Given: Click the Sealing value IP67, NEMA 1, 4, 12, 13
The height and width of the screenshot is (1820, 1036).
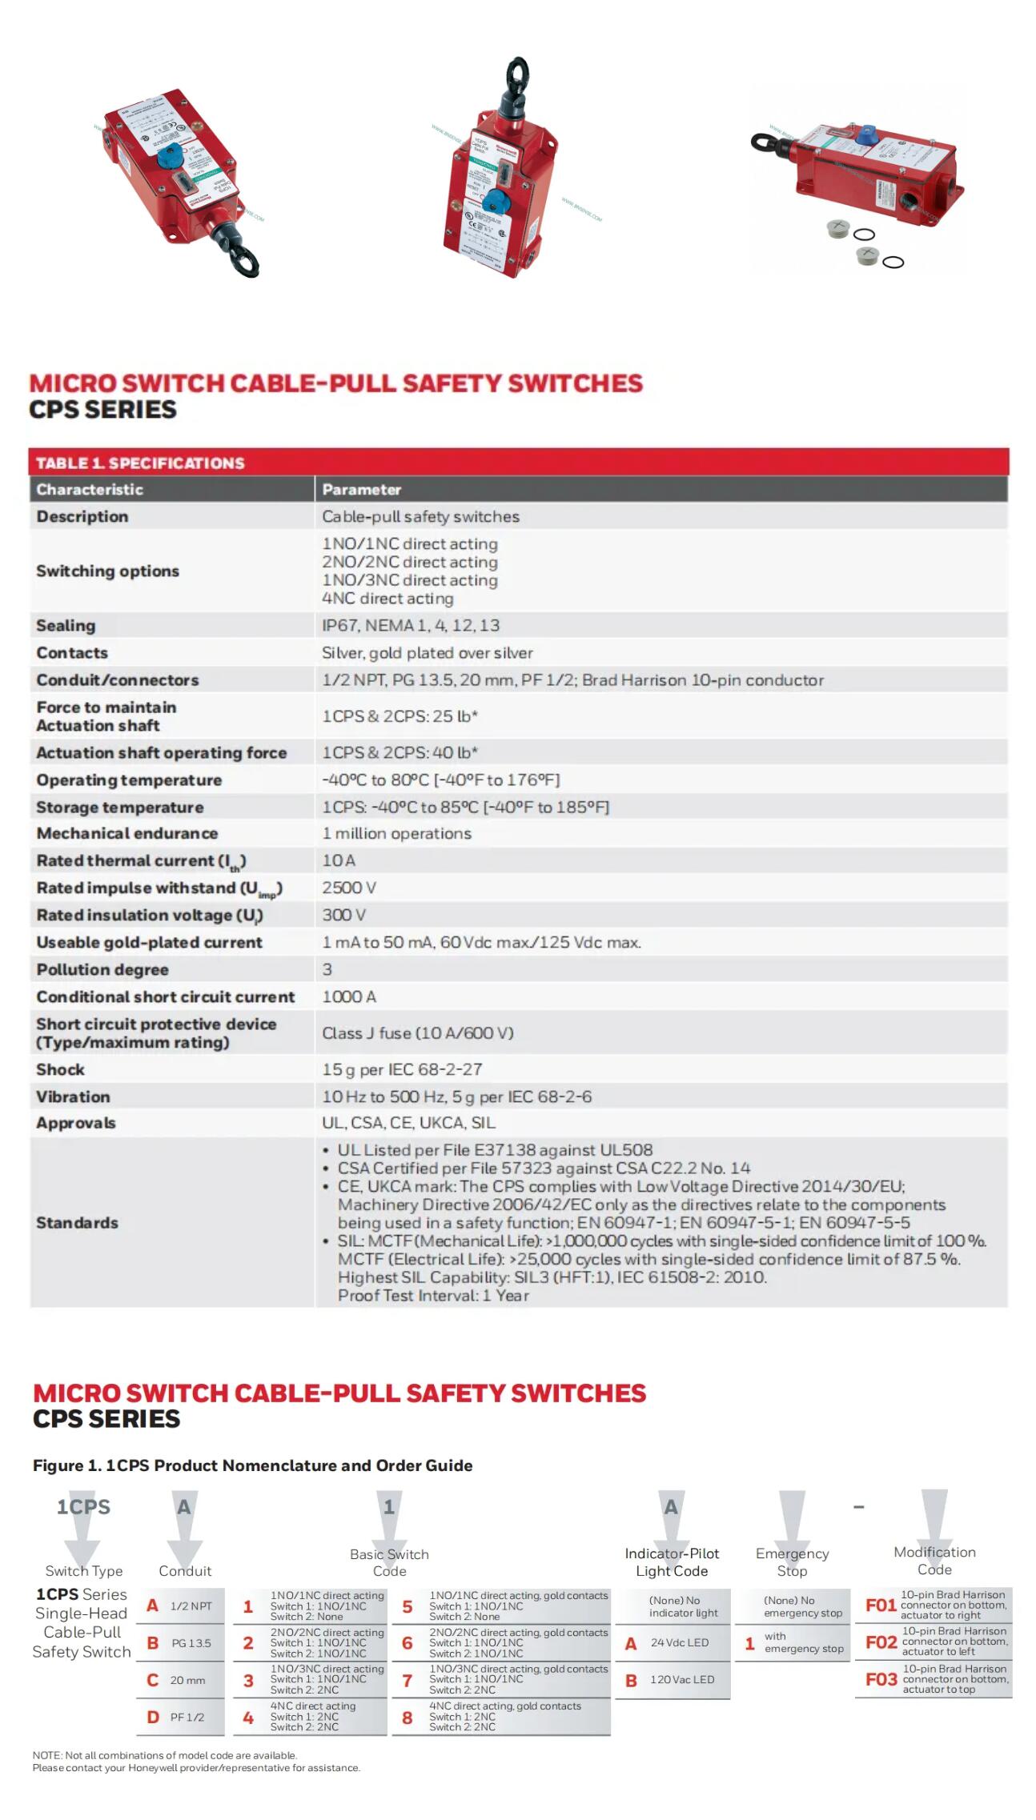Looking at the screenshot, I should [410, 625].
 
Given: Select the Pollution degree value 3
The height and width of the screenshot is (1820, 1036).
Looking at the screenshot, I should [327, 969].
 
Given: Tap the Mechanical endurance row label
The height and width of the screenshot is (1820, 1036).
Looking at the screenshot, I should [126, 833].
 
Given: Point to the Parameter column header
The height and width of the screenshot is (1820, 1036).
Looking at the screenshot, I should [361, 489].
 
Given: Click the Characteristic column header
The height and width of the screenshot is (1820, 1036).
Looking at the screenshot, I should [90, 489].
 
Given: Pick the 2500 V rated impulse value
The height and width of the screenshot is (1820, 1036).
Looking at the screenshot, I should [349, 888].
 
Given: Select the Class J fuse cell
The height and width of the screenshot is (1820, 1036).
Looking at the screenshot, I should [417, 1032].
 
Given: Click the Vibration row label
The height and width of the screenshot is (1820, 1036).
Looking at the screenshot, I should [73, 1096].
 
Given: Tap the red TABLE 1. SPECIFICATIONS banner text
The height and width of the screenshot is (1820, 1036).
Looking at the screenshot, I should [140, 463].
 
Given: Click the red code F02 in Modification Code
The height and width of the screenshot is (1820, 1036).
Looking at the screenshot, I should [881, 1642].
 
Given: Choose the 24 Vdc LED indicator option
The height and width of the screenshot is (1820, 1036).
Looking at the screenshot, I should [679, 1642].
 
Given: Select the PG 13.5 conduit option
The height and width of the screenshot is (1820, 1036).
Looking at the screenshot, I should [191, 1643].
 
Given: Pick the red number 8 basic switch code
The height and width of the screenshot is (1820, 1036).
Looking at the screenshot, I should [407, 1718].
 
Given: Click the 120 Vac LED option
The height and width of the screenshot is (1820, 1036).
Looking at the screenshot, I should [681, 1679].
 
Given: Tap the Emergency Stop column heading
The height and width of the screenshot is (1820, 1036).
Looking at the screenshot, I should [792, 1561].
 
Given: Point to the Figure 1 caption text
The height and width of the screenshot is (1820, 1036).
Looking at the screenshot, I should [252, 1465].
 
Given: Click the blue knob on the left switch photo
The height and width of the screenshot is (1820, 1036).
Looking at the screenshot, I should [168, 157].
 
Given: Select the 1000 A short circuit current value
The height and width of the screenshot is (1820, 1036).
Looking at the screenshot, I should [348, 996].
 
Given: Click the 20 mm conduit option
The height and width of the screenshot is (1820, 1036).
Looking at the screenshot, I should [187, 1680].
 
